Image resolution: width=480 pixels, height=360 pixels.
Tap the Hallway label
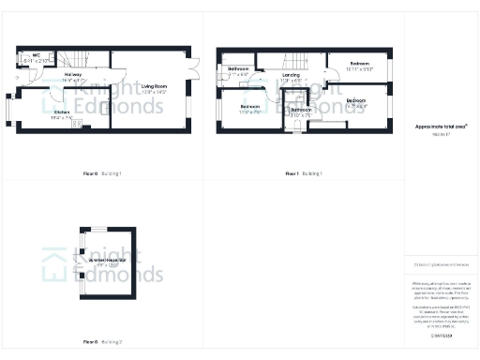(x=73, y=74)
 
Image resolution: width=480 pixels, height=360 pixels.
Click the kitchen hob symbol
(x=76, y=122)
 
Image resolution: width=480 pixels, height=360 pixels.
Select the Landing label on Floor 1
(x=290, y=75)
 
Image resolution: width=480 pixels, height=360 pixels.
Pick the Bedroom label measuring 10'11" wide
(x=360, y=64)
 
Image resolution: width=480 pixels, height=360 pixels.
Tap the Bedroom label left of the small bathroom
(x=249, y=107)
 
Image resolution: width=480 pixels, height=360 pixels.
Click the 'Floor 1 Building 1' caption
(x=304, y=174)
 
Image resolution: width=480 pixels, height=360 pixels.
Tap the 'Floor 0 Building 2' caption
(x=103, y=341)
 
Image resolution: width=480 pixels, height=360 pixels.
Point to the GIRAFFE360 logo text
(x=442, y=334)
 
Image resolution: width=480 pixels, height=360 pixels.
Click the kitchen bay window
(x=8, y=109)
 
